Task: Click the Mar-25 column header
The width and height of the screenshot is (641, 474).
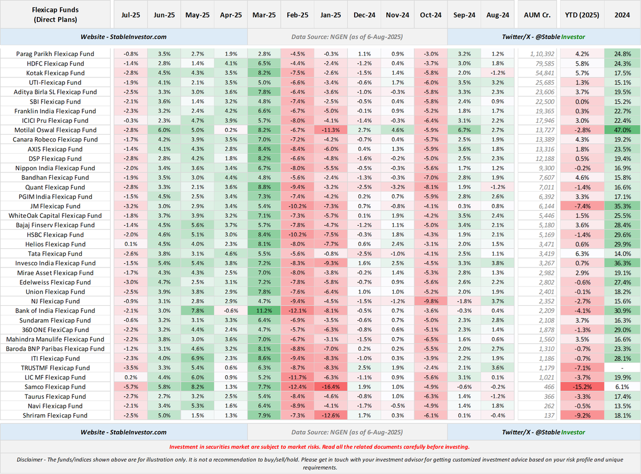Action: (x=264, y=15)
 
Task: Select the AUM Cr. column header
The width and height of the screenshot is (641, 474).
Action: (x=537, y=15)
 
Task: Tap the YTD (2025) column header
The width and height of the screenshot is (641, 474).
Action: (x=582, y=15)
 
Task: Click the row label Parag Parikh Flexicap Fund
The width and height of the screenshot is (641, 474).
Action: (x=55, y=54)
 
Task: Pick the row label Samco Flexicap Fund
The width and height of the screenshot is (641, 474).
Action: (x=55, y=387)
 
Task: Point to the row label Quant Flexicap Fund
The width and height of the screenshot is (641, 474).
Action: (x=55, y=187)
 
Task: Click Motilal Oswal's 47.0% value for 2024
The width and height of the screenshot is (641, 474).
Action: (x=622, y=130)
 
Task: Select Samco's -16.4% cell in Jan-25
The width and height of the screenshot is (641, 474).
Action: (x=331, y=387)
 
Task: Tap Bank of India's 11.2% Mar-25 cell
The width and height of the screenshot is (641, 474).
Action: (x=264, y=311)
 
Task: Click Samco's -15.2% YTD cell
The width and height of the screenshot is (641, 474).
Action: (x=582, y=387)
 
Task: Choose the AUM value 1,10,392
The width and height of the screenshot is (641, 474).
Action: (x=542, y=54)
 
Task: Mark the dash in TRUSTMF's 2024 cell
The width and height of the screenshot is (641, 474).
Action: (x=622, y=368)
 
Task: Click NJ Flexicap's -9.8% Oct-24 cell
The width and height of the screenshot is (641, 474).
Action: (x=431, y=301)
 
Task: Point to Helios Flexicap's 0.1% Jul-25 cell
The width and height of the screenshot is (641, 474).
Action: (x=131, y=244)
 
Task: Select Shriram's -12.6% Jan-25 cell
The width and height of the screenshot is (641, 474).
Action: (x=331, y=415)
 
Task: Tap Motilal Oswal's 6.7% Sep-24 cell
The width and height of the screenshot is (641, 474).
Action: (x=464, y=130)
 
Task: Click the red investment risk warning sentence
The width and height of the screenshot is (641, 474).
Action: (x=319, y=447)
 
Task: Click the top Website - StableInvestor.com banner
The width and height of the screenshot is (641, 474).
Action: (x=123, y=37)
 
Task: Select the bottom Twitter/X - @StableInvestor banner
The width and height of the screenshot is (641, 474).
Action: (x=543, y=432)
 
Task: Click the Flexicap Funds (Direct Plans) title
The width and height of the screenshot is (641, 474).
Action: (x=55, y=15)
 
